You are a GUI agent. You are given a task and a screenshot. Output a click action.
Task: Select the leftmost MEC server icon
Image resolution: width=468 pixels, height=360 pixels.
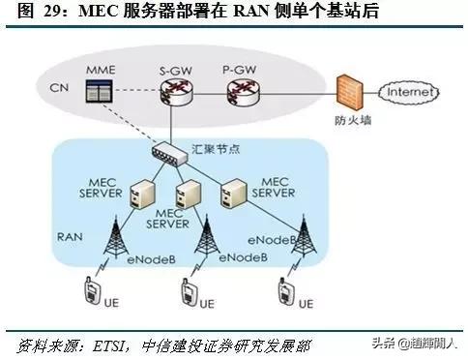(x=139, y=194)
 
